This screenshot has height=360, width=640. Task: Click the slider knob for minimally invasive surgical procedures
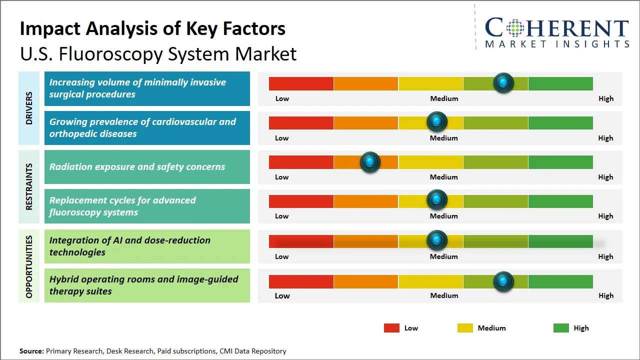pos(503,83)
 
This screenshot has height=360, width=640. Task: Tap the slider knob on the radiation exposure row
pos(370,162)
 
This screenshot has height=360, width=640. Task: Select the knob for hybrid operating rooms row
pos(503,281)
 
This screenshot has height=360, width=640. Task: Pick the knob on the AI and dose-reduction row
pos(437,240)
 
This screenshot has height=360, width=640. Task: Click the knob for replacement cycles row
pos(437,200)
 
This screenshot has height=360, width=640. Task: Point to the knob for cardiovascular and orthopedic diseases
pos(437,121)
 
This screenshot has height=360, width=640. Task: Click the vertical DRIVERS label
pos(29,108)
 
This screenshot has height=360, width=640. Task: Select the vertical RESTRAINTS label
pos(29,186)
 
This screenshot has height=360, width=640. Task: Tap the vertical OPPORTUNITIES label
pos(29,266)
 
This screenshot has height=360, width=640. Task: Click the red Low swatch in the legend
pos(391,328)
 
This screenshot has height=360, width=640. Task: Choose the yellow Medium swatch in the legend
pos(465,328)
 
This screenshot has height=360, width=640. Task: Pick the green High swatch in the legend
pos(561,328)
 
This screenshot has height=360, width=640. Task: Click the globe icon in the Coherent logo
pos(514,28)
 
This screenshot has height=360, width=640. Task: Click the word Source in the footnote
pos(31,351)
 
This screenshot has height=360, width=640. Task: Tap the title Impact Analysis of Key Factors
pos(152,28)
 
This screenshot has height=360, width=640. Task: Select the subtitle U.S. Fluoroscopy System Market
pos(158,54)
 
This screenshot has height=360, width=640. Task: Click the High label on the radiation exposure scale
pos(605,177)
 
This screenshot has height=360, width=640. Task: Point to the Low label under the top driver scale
pos(282,98)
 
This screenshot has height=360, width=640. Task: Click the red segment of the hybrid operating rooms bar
pos(301,281)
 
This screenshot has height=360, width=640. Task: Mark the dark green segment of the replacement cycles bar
pos(560,201)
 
